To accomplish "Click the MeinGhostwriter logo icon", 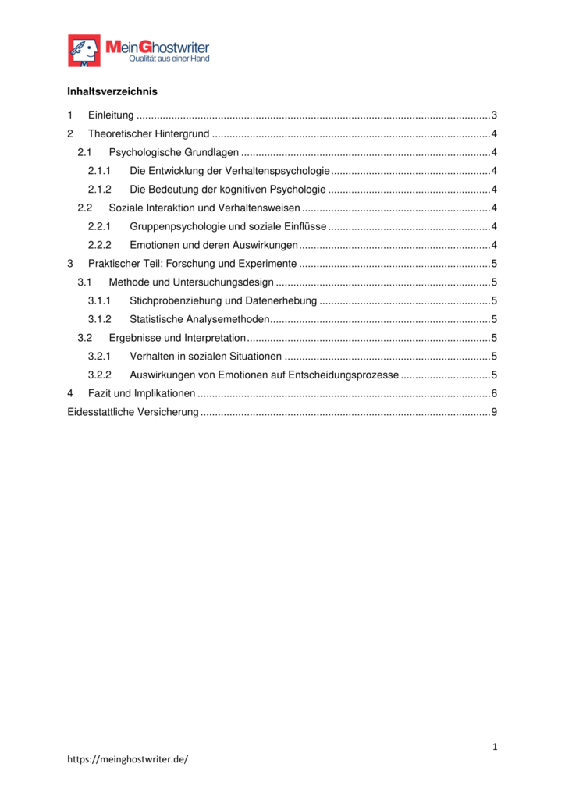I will tap(84, 51).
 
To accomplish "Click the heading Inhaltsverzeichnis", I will tap(112, 91).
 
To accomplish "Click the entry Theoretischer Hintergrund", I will tap(148, 133).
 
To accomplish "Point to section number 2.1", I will tap(84, 152).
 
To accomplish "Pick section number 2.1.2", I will tap(99, 190).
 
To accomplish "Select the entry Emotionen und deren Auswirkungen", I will tap(213, 245).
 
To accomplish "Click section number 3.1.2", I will tap(99, 319).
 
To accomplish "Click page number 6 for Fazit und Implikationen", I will tap(494, 393).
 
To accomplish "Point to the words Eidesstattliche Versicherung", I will tap(133, 412).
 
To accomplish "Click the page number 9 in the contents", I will tap(494, 412).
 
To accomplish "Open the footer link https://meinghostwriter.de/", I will tap(128, 758).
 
